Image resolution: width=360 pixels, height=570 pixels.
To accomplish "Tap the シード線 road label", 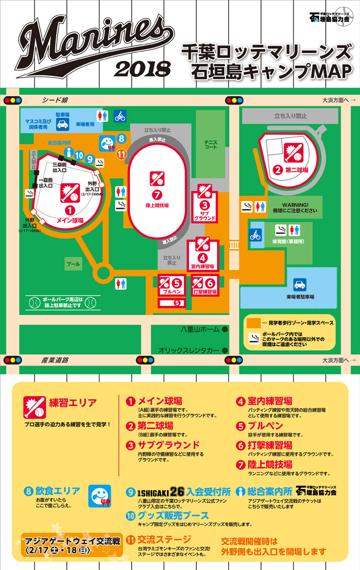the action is [x=55, y=100].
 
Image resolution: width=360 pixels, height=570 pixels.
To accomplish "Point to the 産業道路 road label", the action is [x=55, y=359].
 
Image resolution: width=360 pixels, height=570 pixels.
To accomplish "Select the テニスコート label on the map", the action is [x=210, y=144].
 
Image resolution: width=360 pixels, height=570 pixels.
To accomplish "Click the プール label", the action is [x=73, y=263].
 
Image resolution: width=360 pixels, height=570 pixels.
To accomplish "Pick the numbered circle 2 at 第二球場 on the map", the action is [x=277, y=169].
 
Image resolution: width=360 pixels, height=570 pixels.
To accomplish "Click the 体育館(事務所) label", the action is [x=287, y=241].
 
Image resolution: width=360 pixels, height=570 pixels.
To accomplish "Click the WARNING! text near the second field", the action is [x=296, y=205].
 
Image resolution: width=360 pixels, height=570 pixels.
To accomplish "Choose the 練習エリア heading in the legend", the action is [x=73, y=403].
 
